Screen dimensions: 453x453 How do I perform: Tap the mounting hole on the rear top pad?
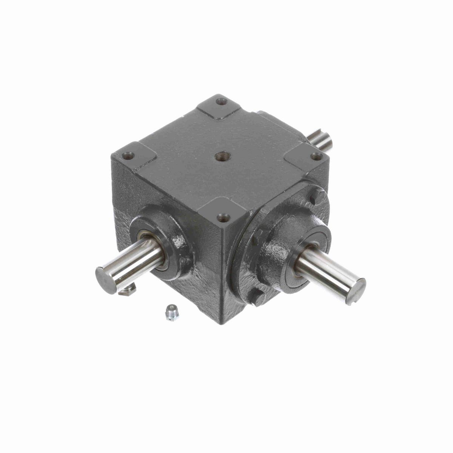pos(222,101)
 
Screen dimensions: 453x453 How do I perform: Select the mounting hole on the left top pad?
pos(126,155)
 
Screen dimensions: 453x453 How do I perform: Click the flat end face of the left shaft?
pos(106,280)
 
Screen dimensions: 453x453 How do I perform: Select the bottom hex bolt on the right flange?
pos(258,298)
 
